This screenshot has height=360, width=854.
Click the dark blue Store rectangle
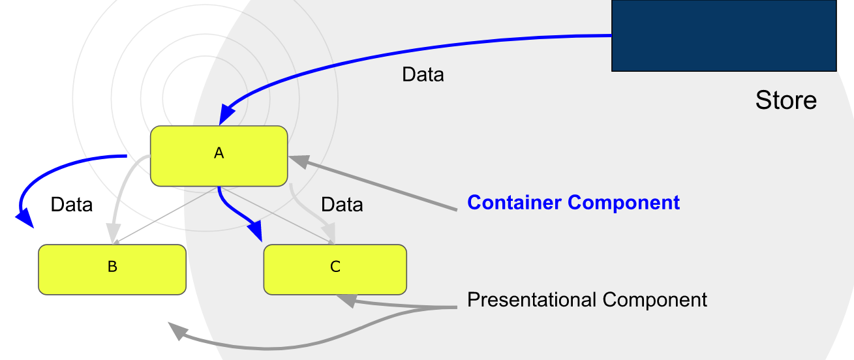724,35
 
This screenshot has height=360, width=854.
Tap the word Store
785,100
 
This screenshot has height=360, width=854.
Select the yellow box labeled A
219,155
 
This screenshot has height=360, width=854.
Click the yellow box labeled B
112,269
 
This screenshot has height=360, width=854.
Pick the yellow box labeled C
335,269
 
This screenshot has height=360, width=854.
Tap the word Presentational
532,300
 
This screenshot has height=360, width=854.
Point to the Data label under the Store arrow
423,75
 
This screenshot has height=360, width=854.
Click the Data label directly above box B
72,205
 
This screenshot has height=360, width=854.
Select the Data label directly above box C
342,205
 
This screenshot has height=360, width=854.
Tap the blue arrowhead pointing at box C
255,232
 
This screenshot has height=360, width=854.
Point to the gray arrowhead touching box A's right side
297,160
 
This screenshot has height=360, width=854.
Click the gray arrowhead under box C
346,300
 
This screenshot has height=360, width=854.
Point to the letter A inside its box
219,153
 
